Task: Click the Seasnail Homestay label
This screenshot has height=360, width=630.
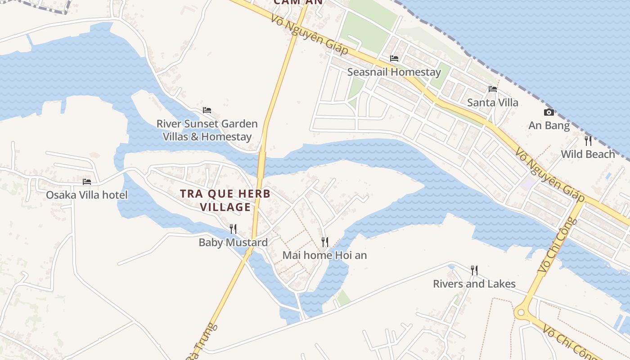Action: click(394, 72)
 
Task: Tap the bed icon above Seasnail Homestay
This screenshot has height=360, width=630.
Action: click(394, 58)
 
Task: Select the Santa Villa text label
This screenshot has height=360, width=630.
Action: click(492, 103)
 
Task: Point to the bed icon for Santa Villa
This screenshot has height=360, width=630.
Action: click(493, 89)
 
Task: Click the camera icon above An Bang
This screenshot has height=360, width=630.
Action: click(549, 112)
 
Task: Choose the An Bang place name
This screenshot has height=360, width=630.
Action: click(549, 126)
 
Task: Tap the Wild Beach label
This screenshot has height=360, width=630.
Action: click(587, 154)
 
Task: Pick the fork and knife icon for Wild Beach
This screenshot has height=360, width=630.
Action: click(588, 141)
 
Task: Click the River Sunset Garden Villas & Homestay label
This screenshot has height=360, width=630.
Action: click(207, 130)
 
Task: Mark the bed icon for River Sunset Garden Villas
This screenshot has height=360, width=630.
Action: click(207, 110)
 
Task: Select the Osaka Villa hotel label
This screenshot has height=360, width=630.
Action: click(87, 195)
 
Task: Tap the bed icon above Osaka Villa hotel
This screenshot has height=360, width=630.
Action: click(87, 181)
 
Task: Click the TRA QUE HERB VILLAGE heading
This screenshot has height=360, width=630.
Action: click(225, 200)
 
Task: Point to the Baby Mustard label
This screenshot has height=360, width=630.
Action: click(233, 243)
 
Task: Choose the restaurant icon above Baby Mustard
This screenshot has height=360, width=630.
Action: click(233, 229)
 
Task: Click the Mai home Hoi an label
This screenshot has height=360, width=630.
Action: click(324, 256)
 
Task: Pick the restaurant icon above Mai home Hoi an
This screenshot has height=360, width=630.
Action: click(325, 242)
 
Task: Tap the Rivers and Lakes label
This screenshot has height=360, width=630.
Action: click(474, 284)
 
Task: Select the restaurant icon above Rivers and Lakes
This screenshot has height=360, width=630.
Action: click(474, 270)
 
